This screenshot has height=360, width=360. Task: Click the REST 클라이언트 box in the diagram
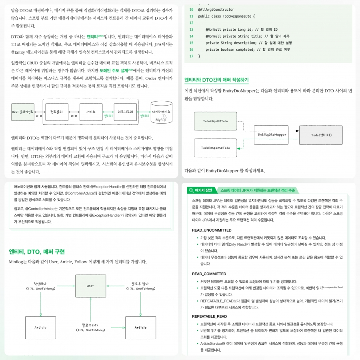coord(22,112)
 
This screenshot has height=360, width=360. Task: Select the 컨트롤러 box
coord(57,112)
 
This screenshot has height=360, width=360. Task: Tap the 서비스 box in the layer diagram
coord(91,112)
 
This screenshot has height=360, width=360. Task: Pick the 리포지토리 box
coord(125,112)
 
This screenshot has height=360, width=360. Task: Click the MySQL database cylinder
coord(162,113)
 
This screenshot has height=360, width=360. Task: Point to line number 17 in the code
coord(191,56)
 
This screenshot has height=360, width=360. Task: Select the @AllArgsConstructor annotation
coord(216,9)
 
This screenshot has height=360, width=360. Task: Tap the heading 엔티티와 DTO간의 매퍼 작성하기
coord(216,80)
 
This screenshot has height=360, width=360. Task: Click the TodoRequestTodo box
coord(216,121)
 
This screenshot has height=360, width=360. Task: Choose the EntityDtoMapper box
coord(272,134)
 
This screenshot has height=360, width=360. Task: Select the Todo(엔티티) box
coord(321,135)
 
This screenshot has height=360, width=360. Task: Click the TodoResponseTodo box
coord(216,148)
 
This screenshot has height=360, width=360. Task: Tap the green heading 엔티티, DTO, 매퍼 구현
coord(37,252)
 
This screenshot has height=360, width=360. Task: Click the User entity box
coord(90,286)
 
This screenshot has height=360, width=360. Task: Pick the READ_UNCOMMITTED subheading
coord(212,230)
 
